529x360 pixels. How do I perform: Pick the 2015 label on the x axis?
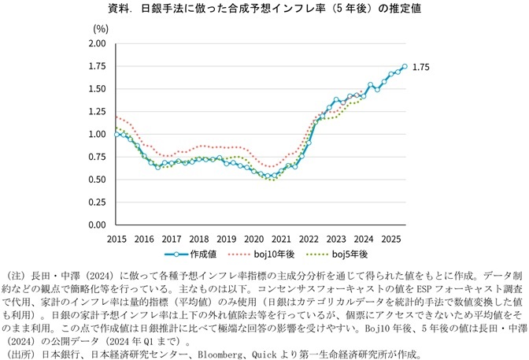point(117,238)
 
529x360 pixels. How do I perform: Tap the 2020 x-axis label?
point(253,238)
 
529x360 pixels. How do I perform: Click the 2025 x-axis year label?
point(389,238)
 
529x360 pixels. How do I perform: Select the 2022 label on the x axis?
point(307,238)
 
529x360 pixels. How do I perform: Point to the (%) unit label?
point(100,28)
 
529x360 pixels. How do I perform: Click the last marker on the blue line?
point(405,66)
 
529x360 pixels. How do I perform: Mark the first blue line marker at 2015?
point(117,135)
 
